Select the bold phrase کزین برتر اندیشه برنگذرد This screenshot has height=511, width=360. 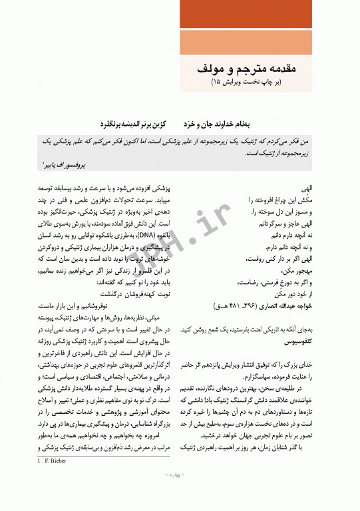point(144,124)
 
